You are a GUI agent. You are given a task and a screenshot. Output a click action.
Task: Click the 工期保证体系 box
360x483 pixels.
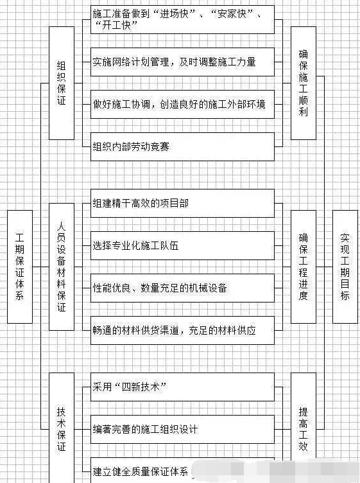(x=20, y=267)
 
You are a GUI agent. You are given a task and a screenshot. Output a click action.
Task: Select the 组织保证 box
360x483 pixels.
(x=62, y=83)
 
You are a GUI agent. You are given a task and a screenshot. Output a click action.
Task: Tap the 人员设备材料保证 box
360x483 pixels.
(x=62, y=267)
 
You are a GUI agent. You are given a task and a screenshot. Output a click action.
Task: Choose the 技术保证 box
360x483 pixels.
(x=62, y=428)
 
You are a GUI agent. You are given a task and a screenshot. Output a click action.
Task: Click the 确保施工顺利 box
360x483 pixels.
(x=304, y=83)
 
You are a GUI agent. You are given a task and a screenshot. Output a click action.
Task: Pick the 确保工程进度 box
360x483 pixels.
(x=304, y=267)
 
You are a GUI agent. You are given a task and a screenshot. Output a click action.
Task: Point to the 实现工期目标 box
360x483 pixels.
(x=345, y=267)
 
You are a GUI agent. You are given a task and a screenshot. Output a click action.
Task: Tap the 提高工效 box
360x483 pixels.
(x=304, y=428)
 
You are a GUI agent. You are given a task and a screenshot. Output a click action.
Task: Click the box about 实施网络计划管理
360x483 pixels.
(x=182, y=62)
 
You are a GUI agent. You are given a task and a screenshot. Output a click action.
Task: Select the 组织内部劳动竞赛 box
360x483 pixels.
(x=182, y=146)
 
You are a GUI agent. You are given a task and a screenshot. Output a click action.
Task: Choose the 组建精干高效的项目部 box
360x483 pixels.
(x=182, y=204)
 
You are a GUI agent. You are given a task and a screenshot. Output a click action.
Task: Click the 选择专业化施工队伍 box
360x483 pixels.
(x=182, y=246)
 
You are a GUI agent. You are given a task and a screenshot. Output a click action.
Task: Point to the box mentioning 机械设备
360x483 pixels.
(x=182, y=288)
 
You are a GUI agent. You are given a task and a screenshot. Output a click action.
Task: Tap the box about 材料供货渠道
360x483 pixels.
(x=182, y=330)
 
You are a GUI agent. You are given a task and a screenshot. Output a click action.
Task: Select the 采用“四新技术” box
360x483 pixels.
(x=182, y=387)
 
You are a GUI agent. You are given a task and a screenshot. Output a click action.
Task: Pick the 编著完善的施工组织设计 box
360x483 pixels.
(x=182, y=430)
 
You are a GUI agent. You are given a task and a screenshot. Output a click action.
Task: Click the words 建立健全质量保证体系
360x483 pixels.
(x=141, y=471)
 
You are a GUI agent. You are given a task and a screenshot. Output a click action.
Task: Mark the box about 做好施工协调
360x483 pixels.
(x=182, y=105)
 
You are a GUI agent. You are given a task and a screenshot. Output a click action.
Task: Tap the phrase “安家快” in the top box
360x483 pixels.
(x=232, y=14)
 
